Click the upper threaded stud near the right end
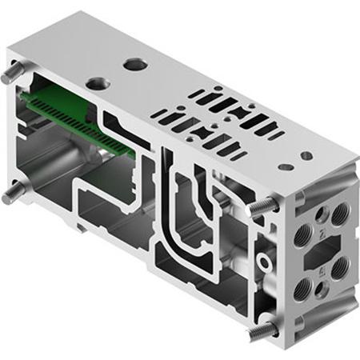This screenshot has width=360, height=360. point(258,206)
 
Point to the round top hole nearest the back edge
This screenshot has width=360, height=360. point(133,62)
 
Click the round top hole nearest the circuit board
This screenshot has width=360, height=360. point(98,82)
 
